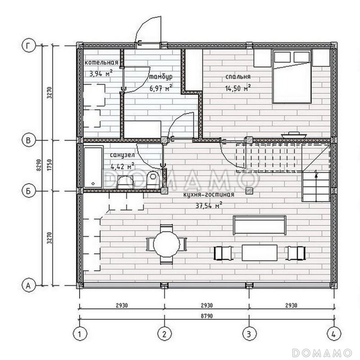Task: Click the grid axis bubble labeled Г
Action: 28,46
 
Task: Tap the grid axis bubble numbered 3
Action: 249,333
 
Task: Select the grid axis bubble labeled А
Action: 28,286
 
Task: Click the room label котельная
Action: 101,63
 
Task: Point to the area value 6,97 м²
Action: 161,88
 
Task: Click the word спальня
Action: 238,76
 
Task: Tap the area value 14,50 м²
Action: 238,88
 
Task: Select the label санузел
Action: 122,155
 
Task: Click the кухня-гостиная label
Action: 209,195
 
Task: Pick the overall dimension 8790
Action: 207,316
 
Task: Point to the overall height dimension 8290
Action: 39,165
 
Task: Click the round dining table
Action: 166,244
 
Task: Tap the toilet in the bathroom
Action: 153,179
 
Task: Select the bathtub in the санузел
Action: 93,167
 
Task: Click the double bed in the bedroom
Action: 292,76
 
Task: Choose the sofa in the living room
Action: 260,225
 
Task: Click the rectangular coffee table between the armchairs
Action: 260,253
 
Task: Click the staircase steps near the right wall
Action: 316,187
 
